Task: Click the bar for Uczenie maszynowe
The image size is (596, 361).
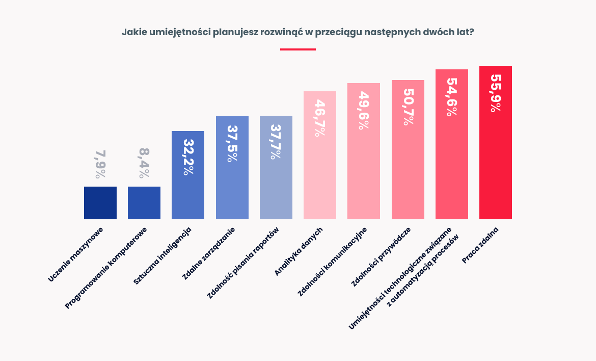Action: click(100, 203)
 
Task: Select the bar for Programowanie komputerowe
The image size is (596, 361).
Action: click(144, 203)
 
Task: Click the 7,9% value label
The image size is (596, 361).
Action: click(100, 164)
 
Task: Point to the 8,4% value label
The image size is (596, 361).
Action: click(144, 163)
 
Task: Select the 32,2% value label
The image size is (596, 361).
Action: click(188, 157)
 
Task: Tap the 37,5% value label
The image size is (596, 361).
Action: click(232, 143)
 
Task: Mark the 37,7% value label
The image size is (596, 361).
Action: click(276, 142)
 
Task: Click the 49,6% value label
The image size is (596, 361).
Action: click(364, 111)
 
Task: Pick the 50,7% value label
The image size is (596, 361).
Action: click(408, 107)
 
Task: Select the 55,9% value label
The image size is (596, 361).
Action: click(496, 93)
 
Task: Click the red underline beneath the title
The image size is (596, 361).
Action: click(298, 49)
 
